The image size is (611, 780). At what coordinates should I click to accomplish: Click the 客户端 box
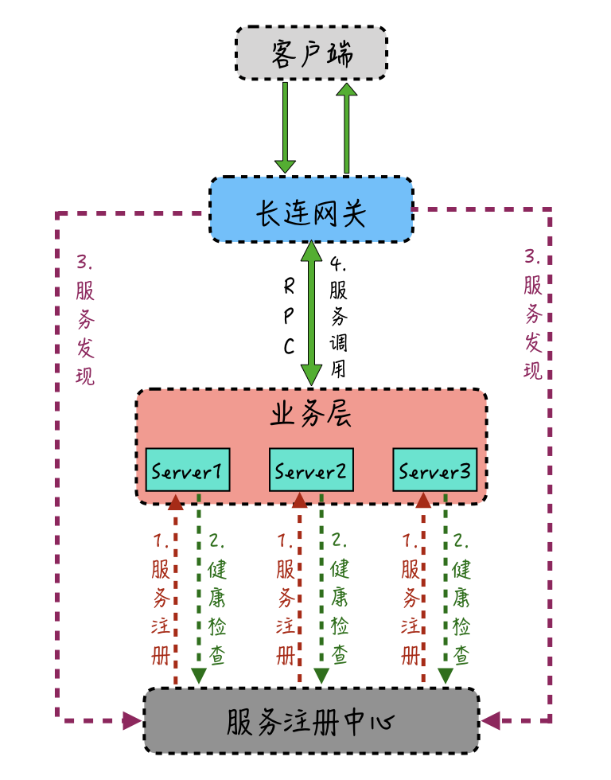pos(311,53)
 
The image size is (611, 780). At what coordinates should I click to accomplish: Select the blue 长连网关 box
pos(311,210)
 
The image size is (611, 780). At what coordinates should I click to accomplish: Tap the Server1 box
pos(188,470)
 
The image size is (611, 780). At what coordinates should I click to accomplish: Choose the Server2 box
pos(311,470)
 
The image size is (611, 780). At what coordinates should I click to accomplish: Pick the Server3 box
pos(434,470)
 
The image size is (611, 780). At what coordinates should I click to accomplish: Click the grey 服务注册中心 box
pos(311,720)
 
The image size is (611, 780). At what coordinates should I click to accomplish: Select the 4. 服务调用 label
pos(339,317)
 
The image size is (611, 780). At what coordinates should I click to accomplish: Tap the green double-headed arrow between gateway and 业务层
pos(311,314)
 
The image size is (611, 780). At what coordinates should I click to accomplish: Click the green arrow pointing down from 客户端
pos(285,127)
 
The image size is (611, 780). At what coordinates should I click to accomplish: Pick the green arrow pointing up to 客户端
pos(346,127)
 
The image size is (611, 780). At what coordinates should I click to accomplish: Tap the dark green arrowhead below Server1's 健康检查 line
pos(199,676)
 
